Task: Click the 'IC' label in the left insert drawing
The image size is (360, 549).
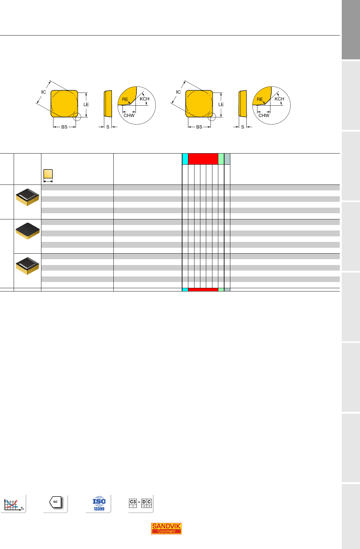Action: tap(44, 92)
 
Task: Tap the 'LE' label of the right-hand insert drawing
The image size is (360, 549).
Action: tap(221, 104)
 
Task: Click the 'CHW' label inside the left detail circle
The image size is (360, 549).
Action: tap(129, 115)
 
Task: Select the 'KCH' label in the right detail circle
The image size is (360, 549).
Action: tap(279, 99)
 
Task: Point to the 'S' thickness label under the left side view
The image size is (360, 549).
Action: tap(108, 127)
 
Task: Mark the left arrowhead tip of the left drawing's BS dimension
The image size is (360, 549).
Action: tap(53, 127)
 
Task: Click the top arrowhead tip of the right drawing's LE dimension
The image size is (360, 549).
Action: tap(221, 93)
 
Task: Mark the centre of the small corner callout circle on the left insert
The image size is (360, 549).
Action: tap(77, 117)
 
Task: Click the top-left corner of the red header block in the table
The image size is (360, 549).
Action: tap(188, 154)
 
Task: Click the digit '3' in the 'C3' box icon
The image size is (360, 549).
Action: tap(135, 502)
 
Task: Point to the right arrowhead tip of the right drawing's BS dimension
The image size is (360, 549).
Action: tap(210, 127)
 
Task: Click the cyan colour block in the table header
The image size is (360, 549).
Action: tap(185, 159)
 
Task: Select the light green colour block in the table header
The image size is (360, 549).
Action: tap(221, 159)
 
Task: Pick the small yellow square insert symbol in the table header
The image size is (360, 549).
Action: tap(48, 174)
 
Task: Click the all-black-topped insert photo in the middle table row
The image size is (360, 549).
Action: tap(27, 230)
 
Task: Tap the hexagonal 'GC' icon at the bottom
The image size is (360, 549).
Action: tap(55, 502)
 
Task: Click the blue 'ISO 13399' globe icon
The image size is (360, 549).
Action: tap(99, 504)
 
